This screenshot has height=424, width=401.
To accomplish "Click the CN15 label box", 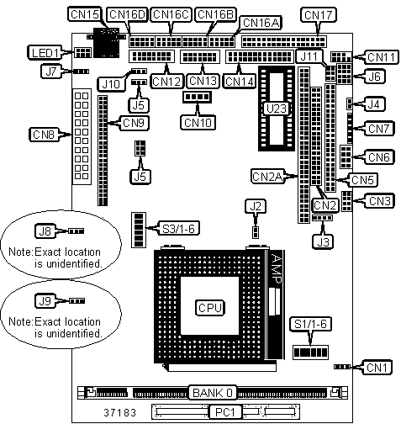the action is coord(84,14).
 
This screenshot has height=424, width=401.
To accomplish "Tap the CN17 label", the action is coord(318,15).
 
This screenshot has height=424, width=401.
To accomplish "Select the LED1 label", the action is coord(45,52).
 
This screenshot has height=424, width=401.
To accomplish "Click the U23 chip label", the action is coord(277,109).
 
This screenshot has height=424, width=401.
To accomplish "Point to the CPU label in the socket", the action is coord(210,308).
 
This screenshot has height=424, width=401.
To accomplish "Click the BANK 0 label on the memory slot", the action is coord(213,393).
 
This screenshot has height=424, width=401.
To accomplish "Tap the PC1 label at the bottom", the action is coord(225,412).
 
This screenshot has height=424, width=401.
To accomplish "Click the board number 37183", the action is coord(119,412).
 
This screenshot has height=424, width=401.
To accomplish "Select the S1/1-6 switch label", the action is coord(310,324).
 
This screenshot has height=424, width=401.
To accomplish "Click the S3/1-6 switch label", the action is coord(178,229).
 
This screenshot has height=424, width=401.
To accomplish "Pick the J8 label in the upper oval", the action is coord(45,231).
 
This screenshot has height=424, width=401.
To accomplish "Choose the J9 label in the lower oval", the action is coord(45,301).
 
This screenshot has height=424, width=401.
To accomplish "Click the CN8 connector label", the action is coord(44,135).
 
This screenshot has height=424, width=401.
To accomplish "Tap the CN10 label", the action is coord(198,123).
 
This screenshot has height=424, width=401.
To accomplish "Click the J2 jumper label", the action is coord(256,207).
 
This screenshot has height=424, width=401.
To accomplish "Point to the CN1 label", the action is coord(377,367).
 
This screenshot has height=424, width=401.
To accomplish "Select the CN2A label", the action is coord(267,177).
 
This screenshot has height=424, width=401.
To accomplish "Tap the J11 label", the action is coord(309,56).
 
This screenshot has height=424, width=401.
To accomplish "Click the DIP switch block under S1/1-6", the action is coord(310,352).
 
